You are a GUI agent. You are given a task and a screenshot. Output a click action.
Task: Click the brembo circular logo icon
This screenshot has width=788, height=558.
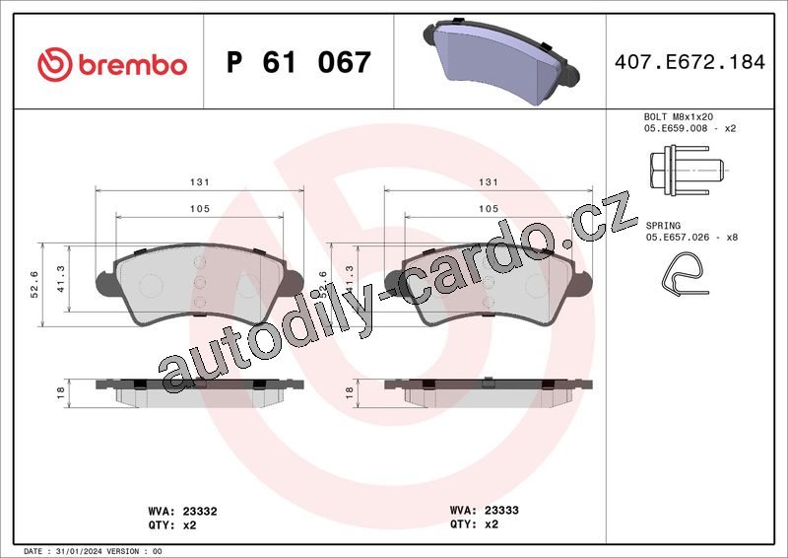coord(55,64)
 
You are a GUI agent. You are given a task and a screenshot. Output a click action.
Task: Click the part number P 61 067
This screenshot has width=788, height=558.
coord(298,62)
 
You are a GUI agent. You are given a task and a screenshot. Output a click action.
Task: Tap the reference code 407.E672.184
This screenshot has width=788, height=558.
coord(689,62)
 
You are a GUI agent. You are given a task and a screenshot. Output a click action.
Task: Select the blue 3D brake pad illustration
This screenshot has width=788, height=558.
coord(501,61)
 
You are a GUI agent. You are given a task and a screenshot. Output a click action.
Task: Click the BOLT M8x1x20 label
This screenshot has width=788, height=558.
coord(679,116)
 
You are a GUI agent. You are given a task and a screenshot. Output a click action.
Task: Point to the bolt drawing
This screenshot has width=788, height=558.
coord(688,171)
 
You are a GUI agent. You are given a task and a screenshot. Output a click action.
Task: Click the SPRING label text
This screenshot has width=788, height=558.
coord(663,226)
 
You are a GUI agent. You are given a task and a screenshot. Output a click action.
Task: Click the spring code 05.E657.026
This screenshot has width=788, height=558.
coord(677,237)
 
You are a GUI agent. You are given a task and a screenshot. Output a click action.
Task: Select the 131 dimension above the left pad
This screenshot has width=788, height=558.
coord(200,182)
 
